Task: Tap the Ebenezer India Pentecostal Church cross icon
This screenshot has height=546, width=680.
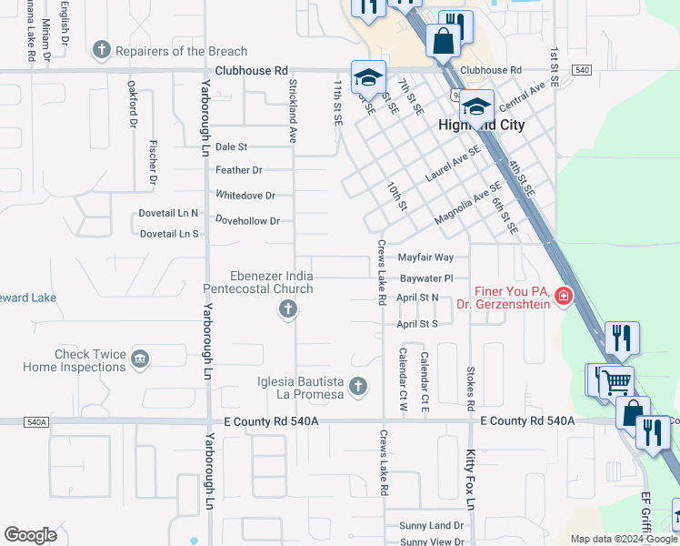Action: [x=287, y=310]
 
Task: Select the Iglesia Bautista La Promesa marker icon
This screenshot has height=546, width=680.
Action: [x=357, y=387]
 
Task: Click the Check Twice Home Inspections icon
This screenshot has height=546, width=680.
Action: [x=140, y=359]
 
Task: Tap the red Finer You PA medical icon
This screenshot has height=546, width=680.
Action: [x=563, y=297]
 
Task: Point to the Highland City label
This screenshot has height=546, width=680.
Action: [x=482, y=126]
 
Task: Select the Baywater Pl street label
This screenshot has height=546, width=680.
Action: [x=426, y=278]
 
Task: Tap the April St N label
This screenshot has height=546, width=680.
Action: [x=417, y=298]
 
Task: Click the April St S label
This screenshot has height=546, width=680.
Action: [x=417, y=324]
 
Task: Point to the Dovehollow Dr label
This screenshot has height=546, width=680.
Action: [x=247, y=221]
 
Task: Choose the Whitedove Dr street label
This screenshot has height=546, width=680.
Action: [x=245, y=196]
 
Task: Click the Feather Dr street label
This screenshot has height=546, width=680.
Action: [x=239, y=170]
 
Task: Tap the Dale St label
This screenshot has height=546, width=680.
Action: [x=232, y=147]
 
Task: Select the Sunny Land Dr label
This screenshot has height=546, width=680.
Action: [x=433, y=526]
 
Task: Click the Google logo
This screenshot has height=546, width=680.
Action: [x=31, y=535]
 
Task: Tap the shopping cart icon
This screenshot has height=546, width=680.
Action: [x=617, y=381]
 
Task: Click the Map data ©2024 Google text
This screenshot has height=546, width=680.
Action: [x=623, y=539]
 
